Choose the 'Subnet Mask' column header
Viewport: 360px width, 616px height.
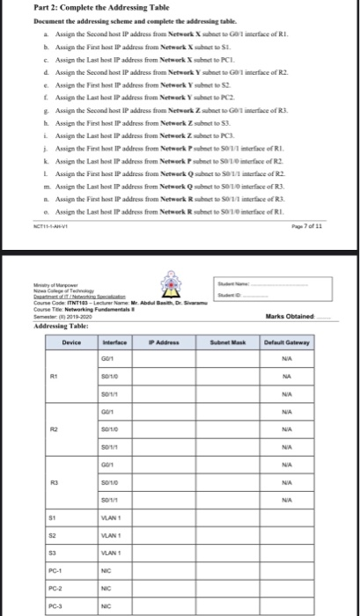coord(235,342)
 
